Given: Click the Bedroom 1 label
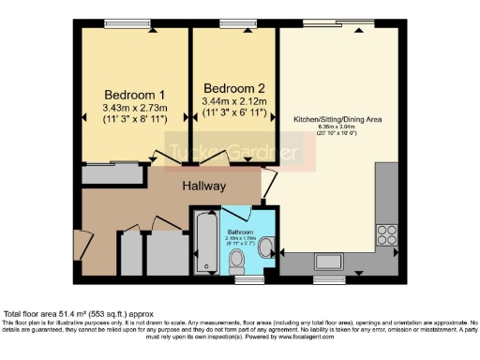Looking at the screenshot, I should click(134, 95).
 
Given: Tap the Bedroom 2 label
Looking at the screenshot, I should click(234, 88).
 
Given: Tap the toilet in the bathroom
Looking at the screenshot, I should click(240, 259).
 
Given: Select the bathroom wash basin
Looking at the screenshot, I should click(267, 247).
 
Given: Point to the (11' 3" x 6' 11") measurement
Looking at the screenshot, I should click(234, 112).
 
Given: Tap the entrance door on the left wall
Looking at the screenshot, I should click(78, 246).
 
